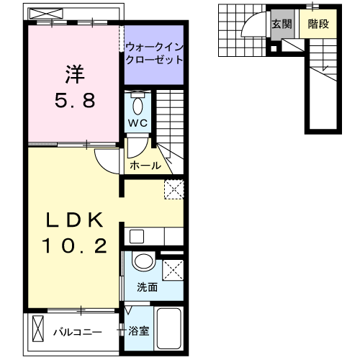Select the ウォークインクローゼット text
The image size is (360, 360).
tap(155, 53)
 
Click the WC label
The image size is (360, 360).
tap(138, 122)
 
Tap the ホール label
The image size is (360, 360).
tap(145, 166)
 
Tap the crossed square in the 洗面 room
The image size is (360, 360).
tap(172, 270)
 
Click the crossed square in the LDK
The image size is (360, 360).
tap(174, 189)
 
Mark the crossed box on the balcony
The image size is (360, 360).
tap(38, 332)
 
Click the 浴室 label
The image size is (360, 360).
tap(138, 332)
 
